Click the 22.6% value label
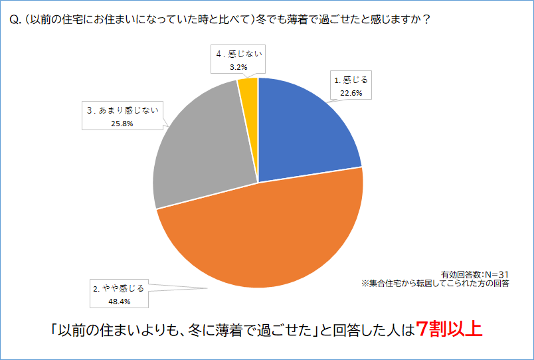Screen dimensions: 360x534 351,93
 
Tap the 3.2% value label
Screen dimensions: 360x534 239,66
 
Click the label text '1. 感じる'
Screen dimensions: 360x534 351,80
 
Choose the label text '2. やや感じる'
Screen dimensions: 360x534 119,289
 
